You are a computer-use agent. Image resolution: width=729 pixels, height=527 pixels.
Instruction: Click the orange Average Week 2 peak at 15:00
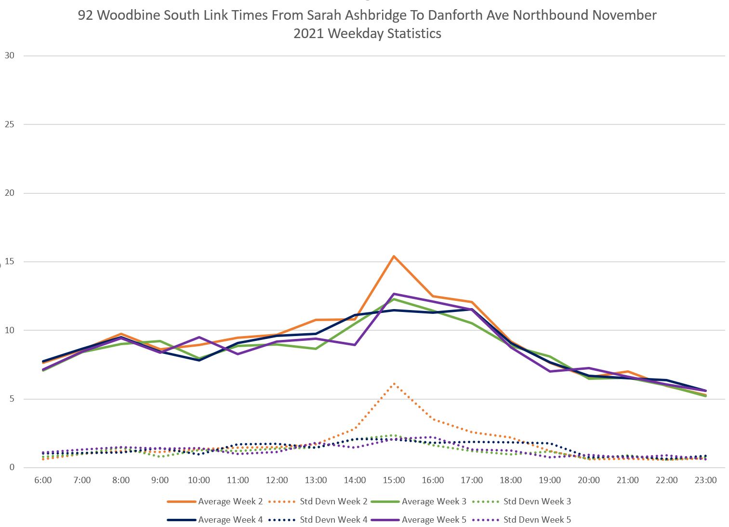tap(394, 256)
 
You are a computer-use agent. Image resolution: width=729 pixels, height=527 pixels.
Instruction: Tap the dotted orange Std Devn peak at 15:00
tap(394, 384)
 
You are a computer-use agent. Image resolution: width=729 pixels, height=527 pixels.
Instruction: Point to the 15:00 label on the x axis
tap(394, 480)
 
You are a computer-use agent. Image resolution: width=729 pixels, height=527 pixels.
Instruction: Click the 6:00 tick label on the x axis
tap(43, 480)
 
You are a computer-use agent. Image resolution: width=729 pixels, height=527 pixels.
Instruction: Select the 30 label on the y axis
tap(10, 55)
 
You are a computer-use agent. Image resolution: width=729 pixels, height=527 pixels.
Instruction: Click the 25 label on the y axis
tap(10, 124)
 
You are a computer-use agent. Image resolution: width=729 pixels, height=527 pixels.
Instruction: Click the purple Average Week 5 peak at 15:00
tap(394, 294)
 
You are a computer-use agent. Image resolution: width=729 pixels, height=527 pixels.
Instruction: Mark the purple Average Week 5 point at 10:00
tap(199, 337)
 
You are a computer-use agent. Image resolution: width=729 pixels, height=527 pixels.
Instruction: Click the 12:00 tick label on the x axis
tap(277, 480)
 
